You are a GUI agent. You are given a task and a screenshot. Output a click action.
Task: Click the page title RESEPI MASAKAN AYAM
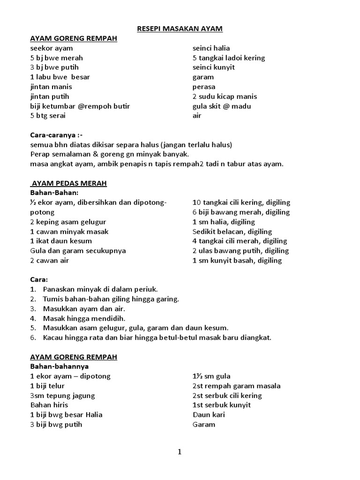(180, 29)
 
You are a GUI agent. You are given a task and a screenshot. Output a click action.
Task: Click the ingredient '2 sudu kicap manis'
(225, 97)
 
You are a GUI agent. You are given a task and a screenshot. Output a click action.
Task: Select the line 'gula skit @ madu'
(222, 106)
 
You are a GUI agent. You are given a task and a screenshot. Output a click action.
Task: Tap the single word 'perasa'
(204, 87)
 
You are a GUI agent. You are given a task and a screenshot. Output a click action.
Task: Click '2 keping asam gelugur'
(68, 222)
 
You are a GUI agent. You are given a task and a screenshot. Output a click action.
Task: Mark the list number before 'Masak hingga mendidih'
(33, 318)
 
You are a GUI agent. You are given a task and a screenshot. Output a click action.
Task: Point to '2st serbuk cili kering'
(227, 396)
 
